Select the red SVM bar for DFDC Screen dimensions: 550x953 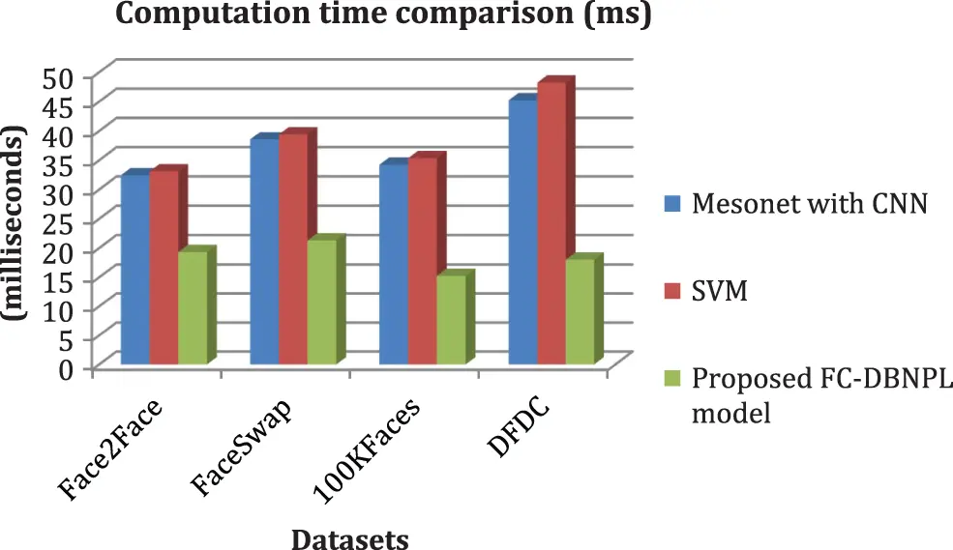pos(551,222)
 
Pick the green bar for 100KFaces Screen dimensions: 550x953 pos(451,319)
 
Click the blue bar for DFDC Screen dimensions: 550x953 pos(523,232)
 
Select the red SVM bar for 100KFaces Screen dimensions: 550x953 pos(423,261)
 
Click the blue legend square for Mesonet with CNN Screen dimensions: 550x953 pos(672,204)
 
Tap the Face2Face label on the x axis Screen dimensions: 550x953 pos(108,451)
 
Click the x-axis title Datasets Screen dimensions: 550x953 pos(349,537)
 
